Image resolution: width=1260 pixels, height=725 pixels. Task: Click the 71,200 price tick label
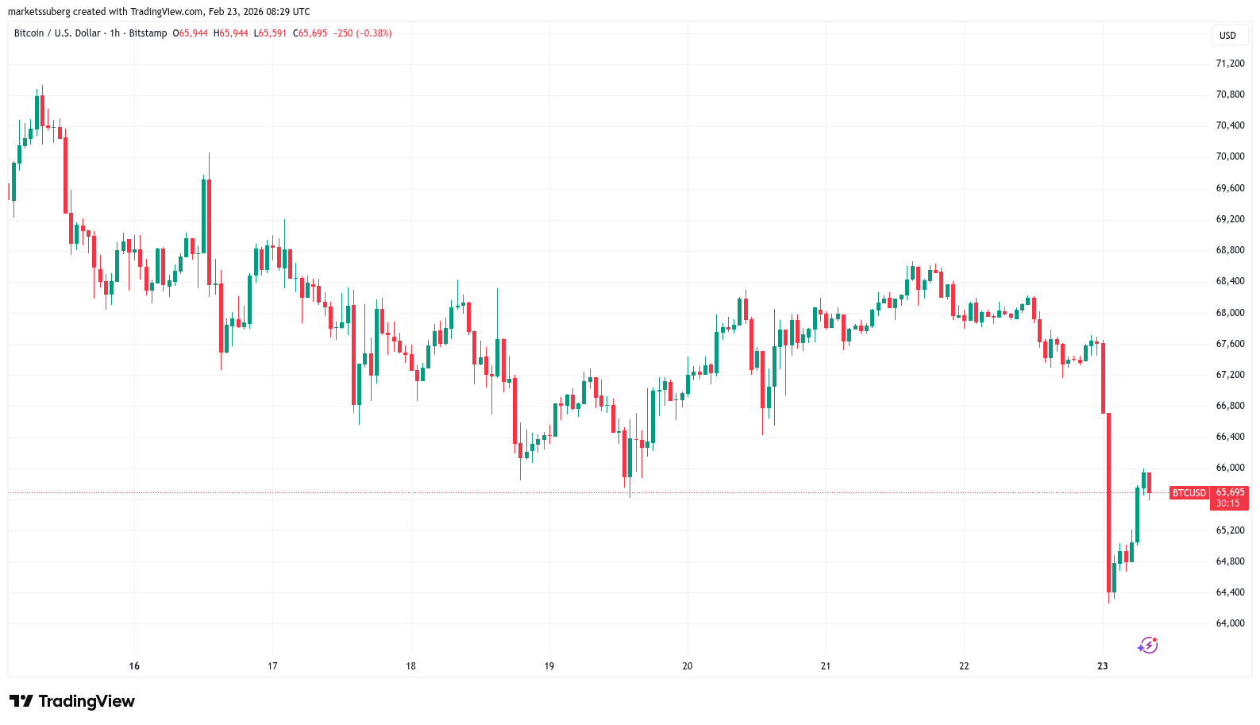pyautogui.click(x=1230, y=64)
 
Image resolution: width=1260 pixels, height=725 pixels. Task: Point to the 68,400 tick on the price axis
pyautogui.click(x=1230, y=281)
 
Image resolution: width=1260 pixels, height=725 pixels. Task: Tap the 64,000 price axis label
pyautogui.click(x=1230, y=623)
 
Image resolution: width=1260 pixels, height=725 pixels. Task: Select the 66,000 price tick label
pyautogui.click(x=1230, y=468)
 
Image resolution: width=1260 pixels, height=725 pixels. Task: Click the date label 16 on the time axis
pyautogui.click(x=134, y=666)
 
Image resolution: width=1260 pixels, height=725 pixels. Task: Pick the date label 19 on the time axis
pyautogui.click(x=549, y=666)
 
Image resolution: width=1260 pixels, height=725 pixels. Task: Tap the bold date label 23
pyautogui.click(x=1102, y=666)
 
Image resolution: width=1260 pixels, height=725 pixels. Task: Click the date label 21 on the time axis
pyautogui.click(x=826, y=666)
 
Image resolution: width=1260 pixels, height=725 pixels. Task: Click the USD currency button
pyautogui.click(x=1227, y=35)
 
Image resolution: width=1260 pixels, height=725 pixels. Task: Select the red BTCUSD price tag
pyautogui.click(x=1189, y=493)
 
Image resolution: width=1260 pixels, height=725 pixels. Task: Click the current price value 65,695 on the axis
pyautogui.click(x=1230, y=492)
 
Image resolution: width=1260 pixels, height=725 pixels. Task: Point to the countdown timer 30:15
pyautogui.click(x=1227, y=503)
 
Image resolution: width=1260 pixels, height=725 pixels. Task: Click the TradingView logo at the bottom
pyautogui.click(x=72, y=701)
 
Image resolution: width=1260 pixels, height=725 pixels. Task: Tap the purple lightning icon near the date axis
pyautogui.click(x=1147, y=645)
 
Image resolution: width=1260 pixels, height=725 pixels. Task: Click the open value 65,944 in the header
pyautogui.click(x=193, y=33)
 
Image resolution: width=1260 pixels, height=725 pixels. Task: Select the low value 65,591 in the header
pyautogui.click(x=272, y=33)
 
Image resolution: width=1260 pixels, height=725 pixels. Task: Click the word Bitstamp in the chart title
pyautogui.click(x=148, y=33)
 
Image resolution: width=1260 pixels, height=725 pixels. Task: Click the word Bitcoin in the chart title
pyautogui.click(x=29, y=33)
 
